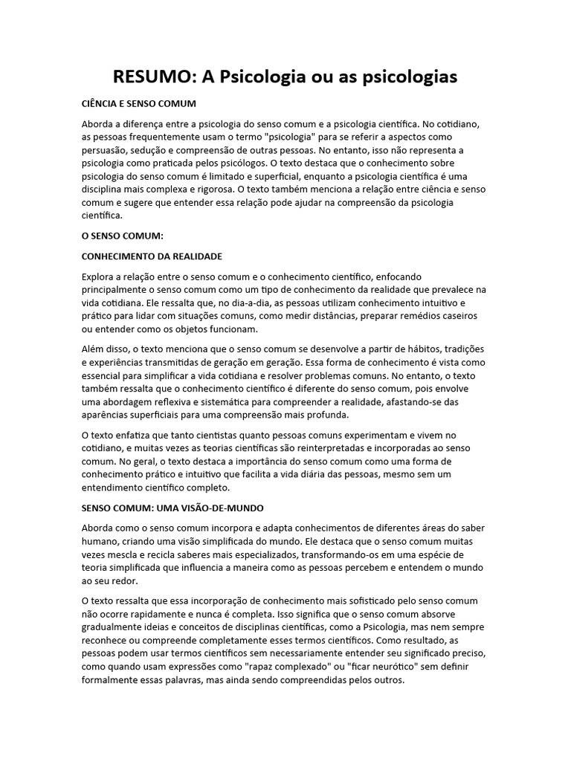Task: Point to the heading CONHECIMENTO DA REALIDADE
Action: [152, 256]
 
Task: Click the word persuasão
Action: [106, 149]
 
